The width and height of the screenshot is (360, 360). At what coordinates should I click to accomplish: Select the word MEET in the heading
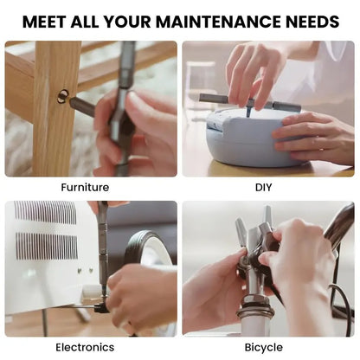[x=44, y=22]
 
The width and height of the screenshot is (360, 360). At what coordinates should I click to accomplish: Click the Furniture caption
[x=85, y=188]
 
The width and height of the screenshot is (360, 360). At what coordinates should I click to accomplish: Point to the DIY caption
[x=263, y=188]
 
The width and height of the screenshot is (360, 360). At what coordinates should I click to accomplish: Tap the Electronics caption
[x=85, y=347]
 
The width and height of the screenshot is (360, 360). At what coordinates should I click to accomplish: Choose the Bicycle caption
[x=264, y=348]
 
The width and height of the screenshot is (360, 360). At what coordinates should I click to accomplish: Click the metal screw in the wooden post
[x=62, y=96]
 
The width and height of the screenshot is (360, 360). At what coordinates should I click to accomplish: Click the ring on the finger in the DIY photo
[x=321, y=150]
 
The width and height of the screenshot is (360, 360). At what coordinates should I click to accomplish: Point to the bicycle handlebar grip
[x=340, y=223]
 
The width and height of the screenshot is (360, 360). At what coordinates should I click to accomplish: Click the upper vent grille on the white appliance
[x=46, y=213]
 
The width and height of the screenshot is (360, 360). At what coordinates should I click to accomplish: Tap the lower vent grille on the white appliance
[x=47, y=246]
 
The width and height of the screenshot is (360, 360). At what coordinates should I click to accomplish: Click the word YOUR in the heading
[x=127, y=22]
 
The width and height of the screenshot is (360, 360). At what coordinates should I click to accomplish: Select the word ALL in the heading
[x=85, y=22]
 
